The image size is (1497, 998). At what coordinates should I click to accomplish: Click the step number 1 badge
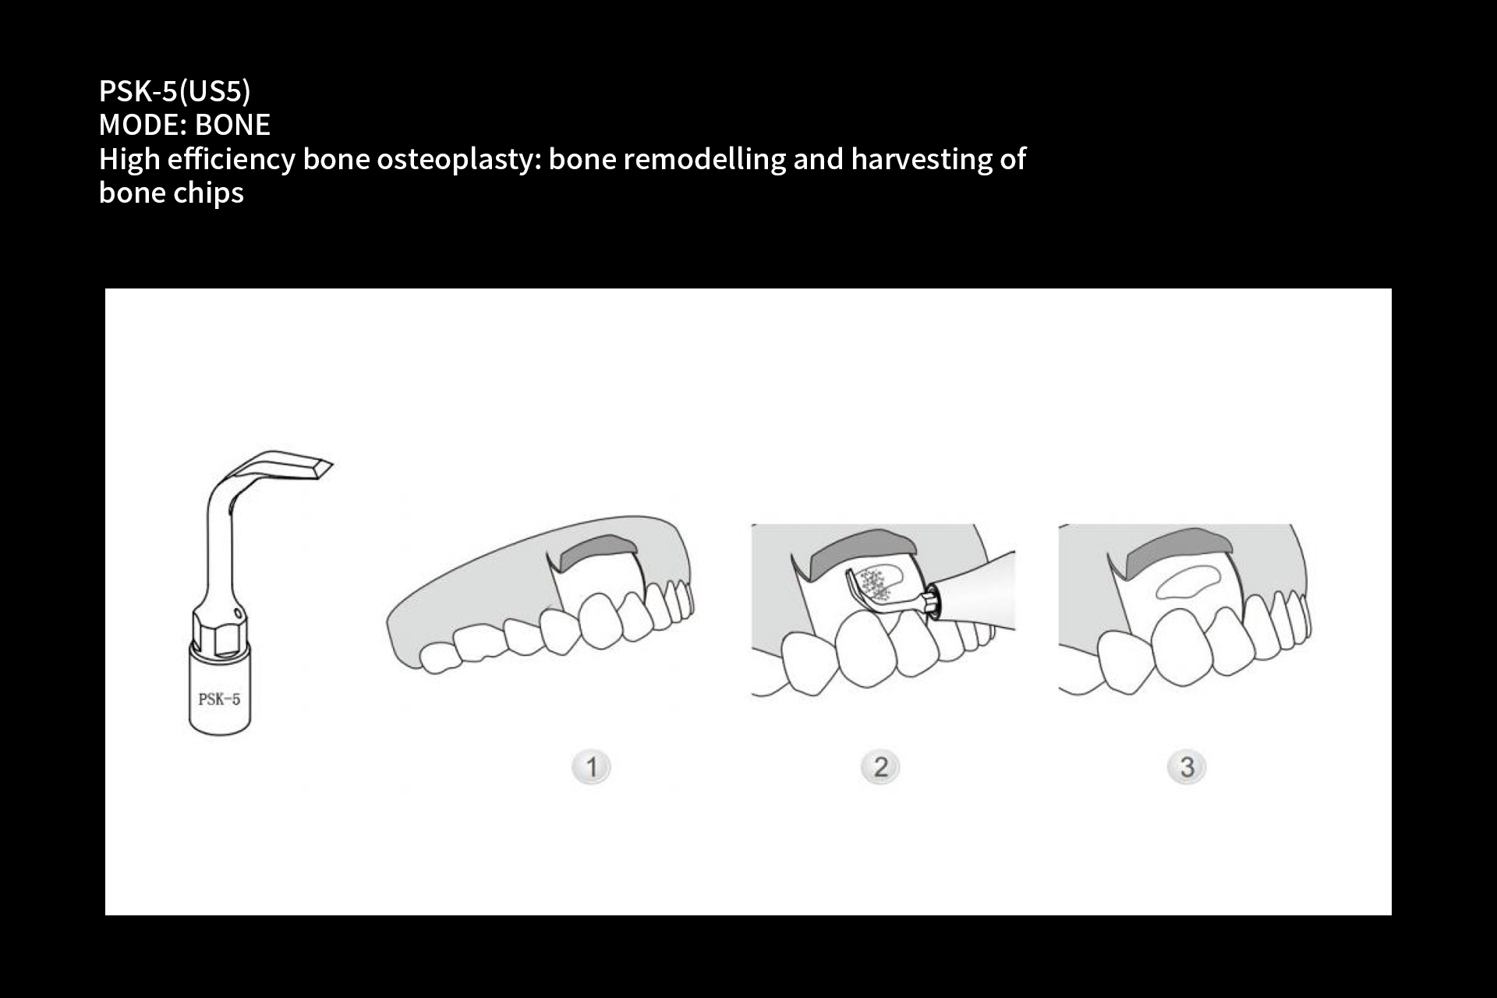point(591,767)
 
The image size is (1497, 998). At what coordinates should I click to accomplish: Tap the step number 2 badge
point(880,767)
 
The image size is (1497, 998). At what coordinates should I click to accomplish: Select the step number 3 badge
point(1187,767)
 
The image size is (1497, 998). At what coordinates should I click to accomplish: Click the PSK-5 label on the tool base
point(219,699)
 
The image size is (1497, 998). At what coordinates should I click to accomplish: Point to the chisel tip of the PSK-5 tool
point(331,465)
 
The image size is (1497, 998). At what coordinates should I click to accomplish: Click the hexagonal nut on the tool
point(219,632)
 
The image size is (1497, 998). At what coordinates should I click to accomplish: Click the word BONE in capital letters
point(232,125)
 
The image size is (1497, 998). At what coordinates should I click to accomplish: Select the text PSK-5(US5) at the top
point(175,91)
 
